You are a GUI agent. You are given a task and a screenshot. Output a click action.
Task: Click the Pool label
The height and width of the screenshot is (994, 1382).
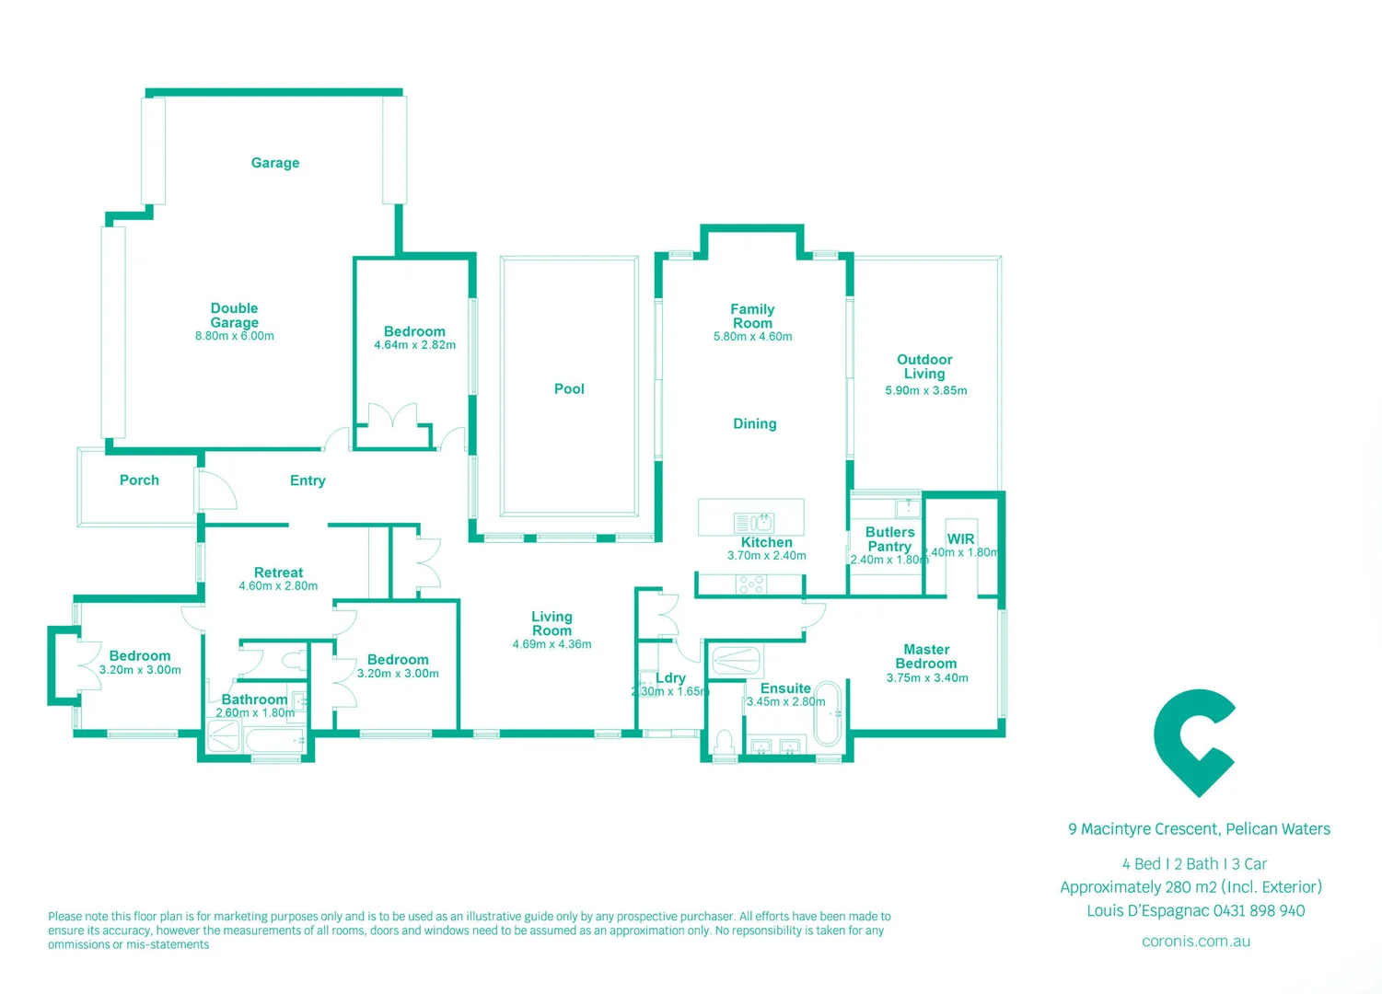(569, 389)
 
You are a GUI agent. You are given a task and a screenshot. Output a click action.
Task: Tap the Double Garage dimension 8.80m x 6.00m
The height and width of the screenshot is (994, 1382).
(234, 337)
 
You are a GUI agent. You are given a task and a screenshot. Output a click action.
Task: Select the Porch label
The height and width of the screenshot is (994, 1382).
(139, 480)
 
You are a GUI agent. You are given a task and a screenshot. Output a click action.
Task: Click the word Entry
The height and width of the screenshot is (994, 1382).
(308, 480)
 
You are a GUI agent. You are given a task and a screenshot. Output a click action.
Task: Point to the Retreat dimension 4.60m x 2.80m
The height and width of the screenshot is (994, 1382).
(278, 586)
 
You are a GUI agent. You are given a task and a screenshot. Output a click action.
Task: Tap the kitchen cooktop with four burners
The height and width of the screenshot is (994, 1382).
(750, 584)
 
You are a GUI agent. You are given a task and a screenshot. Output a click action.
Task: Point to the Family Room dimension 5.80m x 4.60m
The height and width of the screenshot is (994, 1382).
(752, 337)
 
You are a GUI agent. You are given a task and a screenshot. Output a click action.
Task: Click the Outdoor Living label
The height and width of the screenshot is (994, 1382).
(924, 366)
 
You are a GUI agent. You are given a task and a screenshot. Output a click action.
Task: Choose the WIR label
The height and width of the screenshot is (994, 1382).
(960, 539)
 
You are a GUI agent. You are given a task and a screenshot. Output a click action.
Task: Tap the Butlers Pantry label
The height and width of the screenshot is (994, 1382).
(889, 539)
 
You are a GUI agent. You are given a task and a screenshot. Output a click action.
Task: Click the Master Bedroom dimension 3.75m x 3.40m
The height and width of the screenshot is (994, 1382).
(927, 678)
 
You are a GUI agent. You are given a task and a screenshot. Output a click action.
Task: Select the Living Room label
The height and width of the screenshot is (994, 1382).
(552, 623)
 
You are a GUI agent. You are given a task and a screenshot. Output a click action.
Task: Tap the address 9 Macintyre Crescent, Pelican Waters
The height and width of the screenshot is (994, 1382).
(1199, 829)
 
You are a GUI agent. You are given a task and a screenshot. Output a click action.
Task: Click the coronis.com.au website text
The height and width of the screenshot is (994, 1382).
(1195, 942)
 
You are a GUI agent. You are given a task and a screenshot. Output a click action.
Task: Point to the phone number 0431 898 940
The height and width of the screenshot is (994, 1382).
(1259, 911)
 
